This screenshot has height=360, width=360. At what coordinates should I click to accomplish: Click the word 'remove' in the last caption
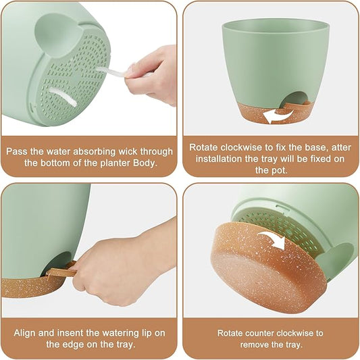click(x=245, y=344)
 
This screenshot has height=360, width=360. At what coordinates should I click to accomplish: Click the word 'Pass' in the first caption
click(x=18, y=151)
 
